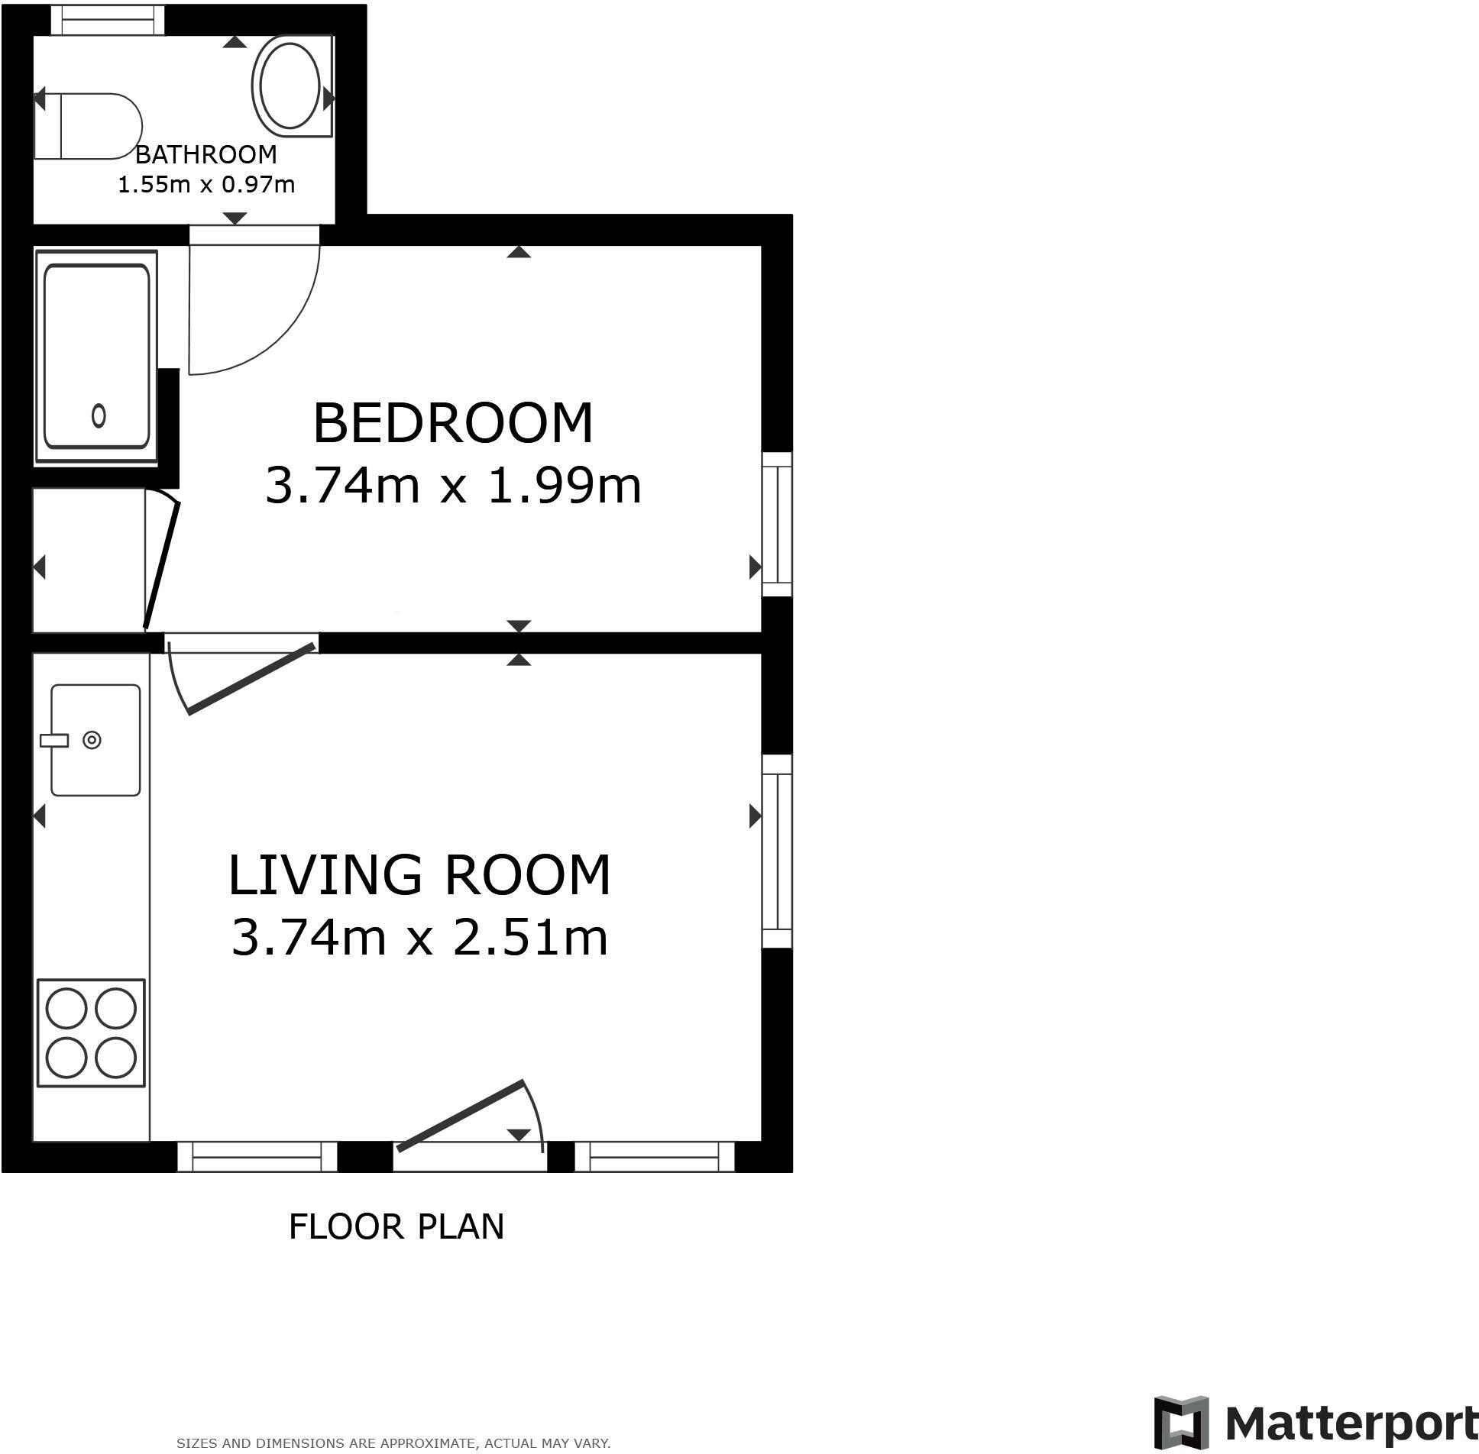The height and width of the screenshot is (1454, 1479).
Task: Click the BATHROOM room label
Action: pyautogui.click(x=206, y=155)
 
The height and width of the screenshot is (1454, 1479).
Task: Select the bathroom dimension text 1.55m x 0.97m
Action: pyautogui.click(x=206, y=185)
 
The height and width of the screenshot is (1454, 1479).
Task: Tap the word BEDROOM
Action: pyautogui.click(x=452, y=423)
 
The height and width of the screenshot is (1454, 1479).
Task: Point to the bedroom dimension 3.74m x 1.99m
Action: pyautogui.click(x=452, y=486)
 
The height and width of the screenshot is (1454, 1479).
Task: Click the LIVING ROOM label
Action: pyautogui.click(x=419, y=875)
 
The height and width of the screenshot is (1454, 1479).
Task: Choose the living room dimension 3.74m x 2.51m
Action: pyautogui.click(x=419, y=938)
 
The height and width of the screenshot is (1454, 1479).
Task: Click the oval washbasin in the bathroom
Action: pyautogui.click(x=291, y=86)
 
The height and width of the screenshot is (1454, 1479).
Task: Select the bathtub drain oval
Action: pyautogui.click(x=99, y=416)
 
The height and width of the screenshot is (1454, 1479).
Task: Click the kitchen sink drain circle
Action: pyautogui.click(x=92, y=740)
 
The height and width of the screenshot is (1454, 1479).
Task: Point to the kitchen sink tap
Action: pyautogui.click(x=54, y=740)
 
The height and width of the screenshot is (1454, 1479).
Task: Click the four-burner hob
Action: pyautogui.click(x=91, y=1033)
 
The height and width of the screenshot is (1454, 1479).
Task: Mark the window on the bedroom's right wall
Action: pyautogui.click(x=778, y=524)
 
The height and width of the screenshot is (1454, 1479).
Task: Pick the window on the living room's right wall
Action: pyautogui.click(x=778, y=851)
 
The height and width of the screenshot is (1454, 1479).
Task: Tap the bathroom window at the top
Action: pyautogui.click(x=108, y=20)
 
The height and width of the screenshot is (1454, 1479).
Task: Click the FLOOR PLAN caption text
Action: pyautogui.click(x=396, y=1226)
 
